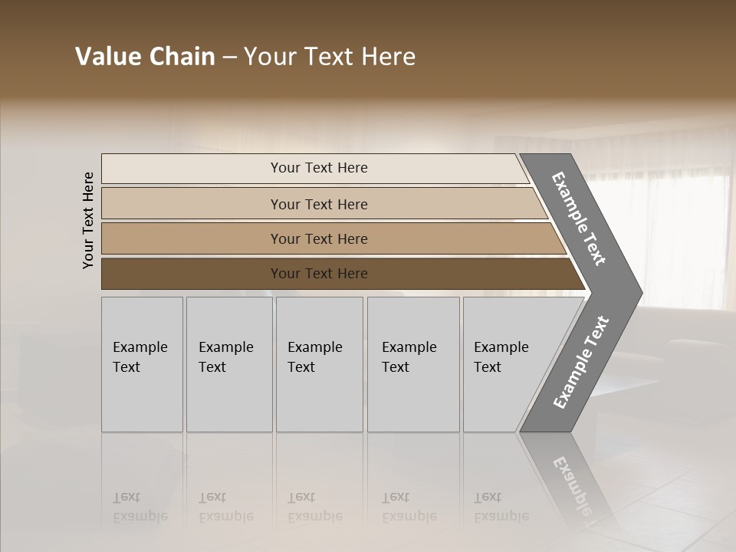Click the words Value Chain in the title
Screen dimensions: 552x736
(145, 57)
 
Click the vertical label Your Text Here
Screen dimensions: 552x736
(88, 220)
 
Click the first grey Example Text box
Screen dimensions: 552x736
(142, 364)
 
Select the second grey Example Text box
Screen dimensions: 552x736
(228, 364)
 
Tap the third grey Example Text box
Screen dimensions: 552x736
(319, 364)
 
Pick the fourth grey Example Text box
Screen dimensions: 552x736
(413, 364)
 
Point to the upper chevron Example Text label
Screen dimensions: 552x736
(580, 219)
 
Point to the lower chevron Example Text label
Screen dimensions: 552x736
(581, 362)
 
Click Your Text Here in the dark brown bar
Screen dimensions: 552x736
(319, 274)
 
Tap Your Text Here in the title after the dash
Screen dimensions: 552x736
(330, 57)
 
